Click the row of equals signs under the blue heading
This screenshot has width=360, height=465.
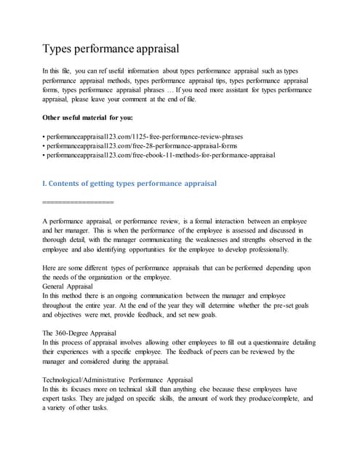pyautogui.click(x=79, y=201)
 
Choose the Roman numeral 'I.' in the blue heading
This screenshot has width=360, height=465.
pyautogui.click(x=45, y=183)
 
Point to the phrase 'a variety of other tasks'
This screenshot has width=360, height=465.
pyautogui.click(x=76, y=408)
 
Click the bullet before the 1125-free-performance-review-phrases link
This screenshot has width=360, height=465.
pyautogui.click(x=44, y=136)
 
